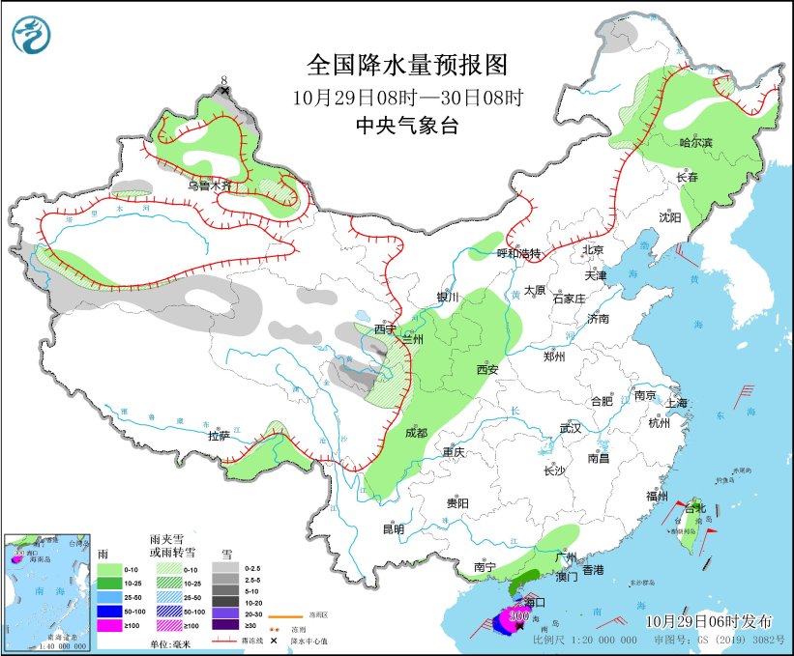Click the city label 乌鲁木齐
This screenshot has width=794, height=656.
coord(210,185)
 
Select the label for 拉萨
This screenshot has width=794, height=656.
coord(219,436)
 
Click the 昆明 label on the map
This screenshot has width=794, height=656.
coord(393,528)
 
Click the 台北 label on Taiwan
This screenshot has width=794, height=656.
coord(694,508)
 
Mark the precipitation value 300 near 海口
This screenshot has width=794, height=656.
coord(518,615)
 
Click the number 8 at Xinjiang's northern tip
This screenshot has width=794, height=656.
coord(224,80)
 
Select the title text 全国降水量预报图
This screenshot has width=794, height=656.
coord(406,65)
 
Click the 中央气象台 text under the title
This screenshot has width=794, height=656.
coord(406,126)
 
